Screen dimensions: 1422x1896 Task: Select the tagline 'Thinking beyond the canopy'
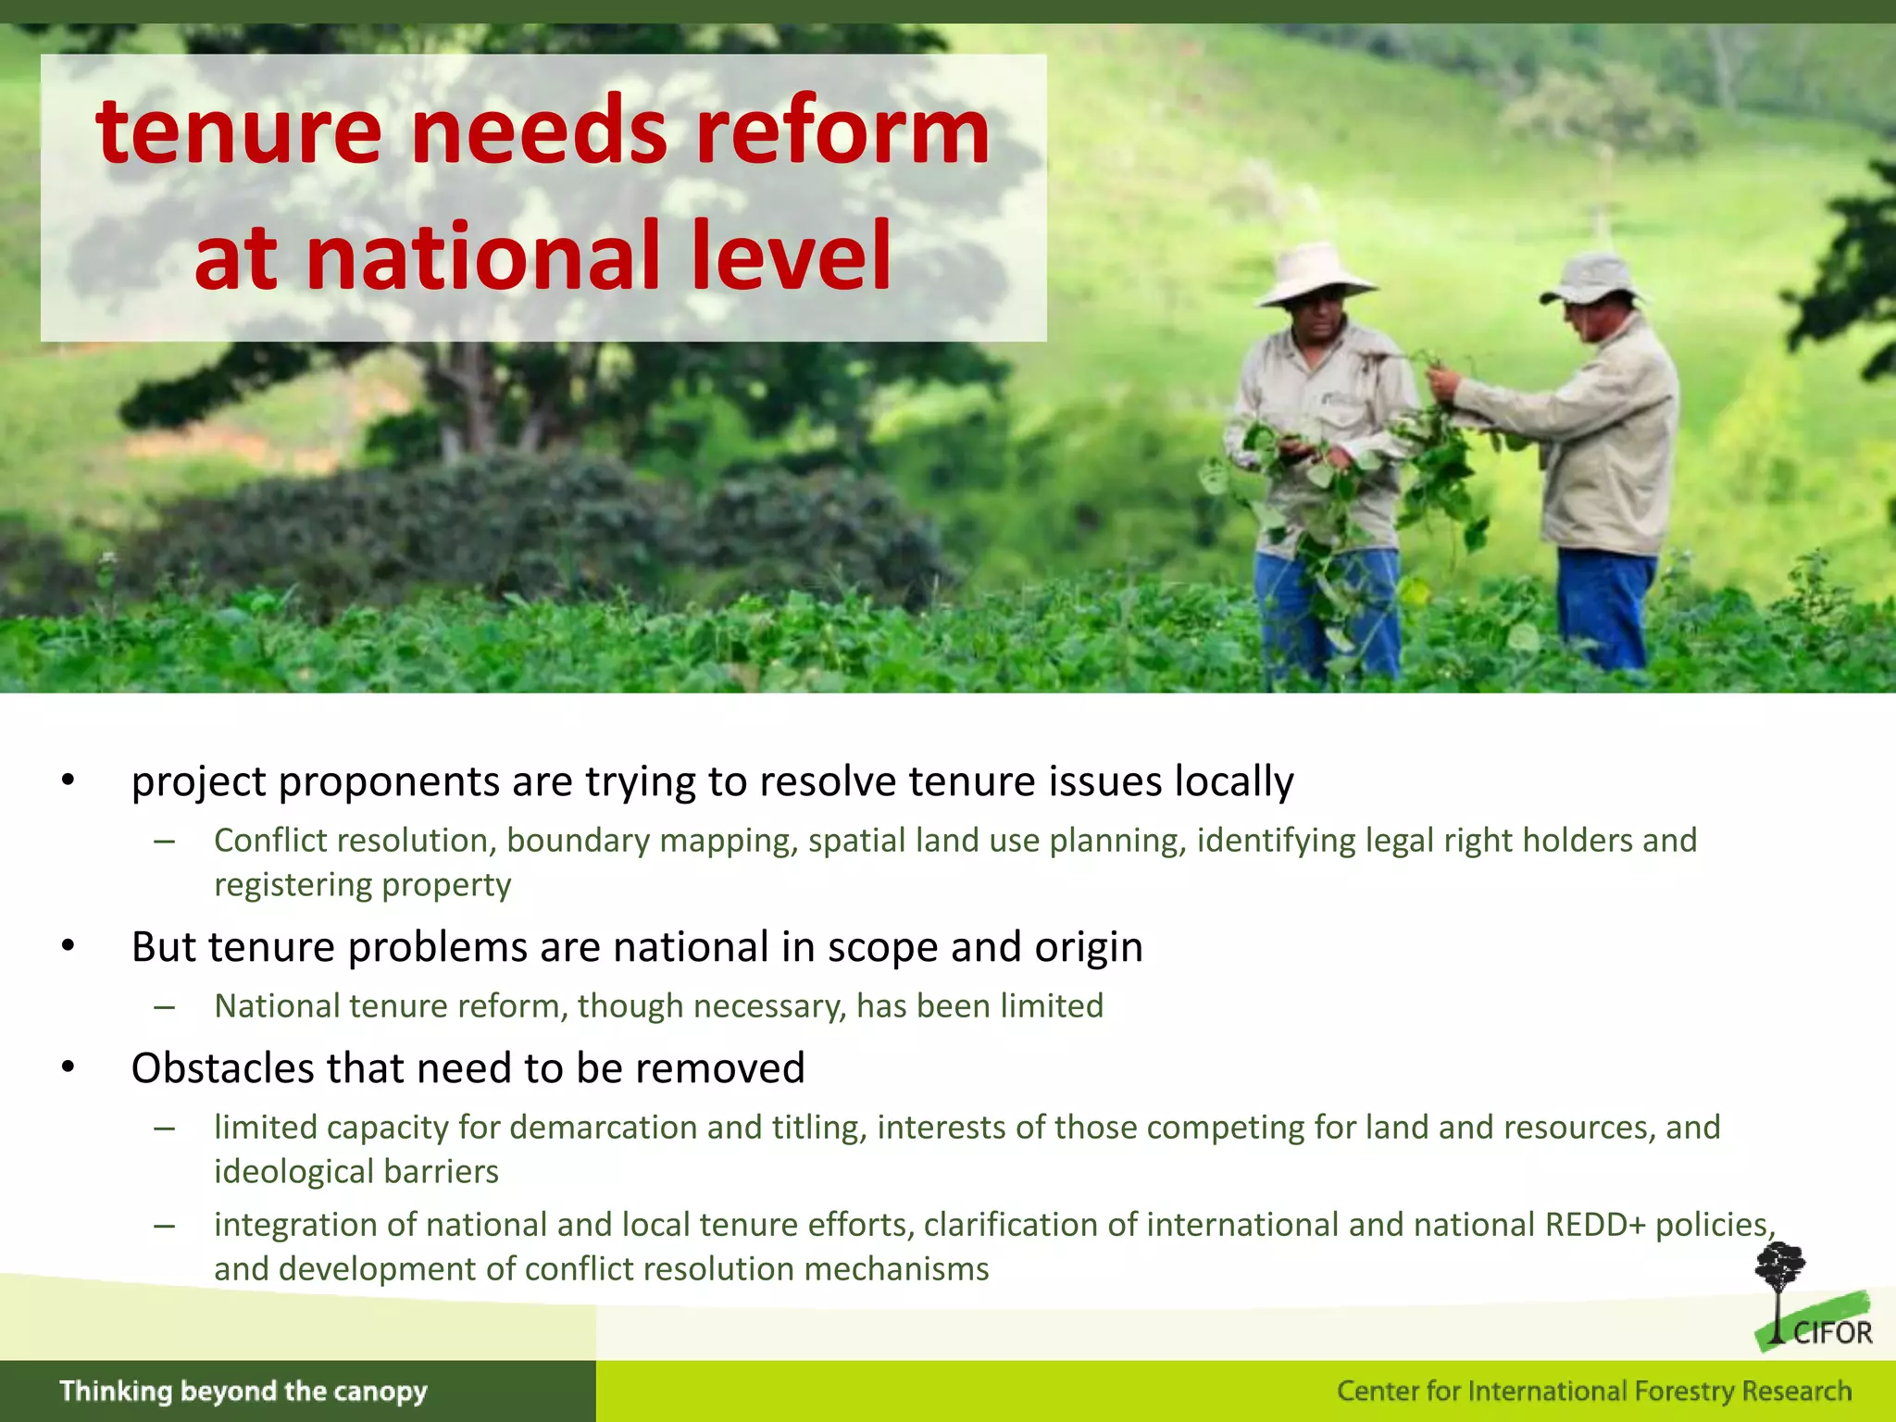pos(243,1391)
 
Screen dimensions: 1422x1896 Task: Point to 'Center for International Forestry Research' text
pos(1593,1391)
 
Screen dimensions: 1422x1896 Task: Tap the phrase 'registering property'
pos(362,885)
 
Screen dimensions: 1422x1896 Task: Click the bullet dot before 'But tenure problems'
pos(68,947)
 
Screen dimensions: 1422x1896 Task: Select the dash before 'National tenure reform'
pos(165,1007)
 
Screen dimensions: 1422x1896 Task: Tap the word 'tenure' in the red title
pos(239,132)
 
